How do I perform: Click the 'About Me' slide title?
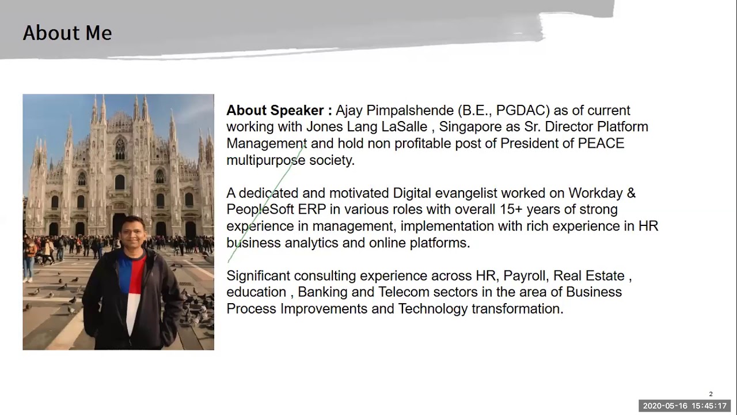tap(67, 33)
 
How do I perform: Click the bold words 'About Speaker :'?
tap(279, 110)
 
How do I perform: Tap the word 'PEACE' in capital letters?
tap(601, 144)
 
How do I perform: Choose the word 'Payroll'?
tap(524, 276)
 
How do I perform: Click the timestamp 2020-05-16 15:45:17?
tap(685, 406)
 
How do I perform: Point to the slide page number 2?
tap(711, 394)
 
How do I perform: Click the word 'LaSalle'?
tap(404, 127)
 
